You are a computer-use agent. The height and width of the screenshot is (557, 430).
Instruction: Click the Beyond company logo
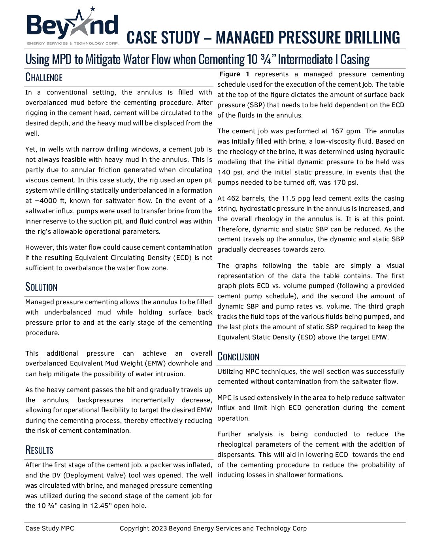tap(72, 27)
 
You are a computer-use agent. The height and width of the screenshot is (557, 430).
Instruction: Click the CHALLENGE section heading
tap(44, 77)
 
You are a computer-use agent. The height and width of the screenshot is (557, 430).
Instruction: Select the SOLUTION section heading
tap(41, 287)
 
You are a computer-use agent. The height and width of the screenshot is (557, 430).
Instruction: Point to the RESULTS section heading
tap(39, 450)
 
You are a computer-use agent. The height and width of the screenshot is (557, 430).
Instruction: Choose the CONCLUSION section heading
tap(238, 356)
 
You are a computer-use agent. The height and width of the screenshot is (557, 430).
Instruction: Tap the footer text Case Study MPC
tap(49, 529)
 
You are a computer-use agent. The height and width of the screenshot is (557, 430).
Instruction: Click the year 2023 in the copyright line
tap(159, 529)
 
